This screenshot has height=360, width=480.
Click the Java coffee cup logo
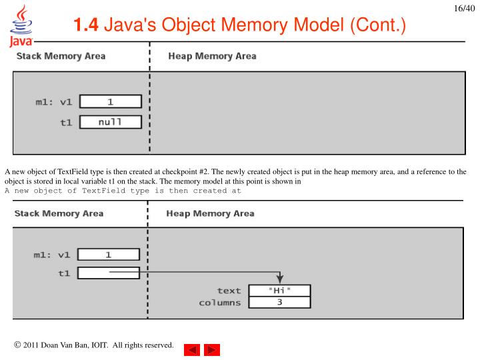[21, 26]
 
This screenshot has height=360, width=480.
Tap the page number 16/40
[464, 8]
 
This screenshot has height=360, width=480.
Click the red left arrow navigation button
[192, 350]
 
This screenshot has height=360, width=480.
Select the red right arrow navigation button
[212, 350]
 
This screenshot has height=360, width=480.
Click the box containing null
[111, 122]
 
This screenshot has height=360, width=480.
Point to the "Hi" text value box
[279, 291]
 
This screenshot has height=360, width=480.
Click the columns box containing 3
[279, 303]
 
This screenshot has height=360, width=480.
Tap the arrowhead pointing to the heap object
[279, 279]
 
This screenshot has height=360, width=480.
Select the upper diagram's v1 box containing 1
[111, 101]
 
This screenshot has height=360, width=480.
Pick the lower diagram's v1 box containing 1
[109, 255]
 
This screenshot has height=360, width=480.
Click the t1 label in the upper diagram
[66, 123]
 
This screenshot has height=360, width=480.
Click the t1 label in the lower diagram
[64, 273]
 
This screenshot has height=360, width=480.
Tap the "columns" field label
[220, 303]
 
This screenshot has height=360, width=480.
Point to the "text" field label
[229, 291]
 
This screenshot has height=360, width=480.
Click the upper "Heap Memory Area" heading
[212, 56]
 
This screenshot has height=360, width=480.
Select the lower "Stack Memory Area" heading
[59, 213]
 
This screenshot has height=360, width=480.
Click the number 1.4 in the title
[86, 25]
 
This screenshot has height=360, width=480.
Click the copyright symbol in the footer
[17, 345]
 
